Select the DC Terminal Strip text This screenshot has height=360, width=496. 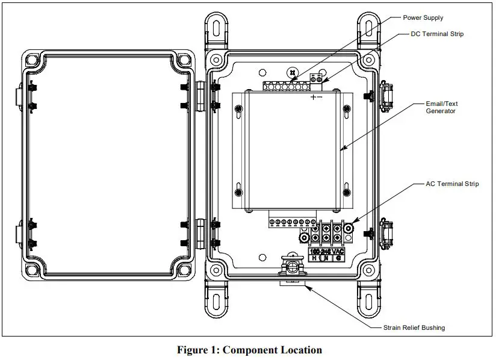tap(438, 34)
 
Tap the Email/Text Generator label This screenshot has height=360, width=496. tap(441, 107)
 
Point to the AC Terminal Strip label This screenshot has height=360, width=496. tap(451, 184)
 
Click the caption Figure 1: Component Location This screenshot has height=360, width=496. tap(249, 350)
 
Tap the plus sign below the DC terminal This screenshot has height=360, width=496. tap(313, 97)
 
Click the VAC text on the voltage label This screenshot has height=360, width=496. tap(338, 251)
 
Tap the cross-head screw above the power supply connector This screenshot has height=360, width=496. tap(293, 73)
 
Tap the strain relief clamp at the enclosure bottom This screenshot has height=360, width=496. tap(293, 265)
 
